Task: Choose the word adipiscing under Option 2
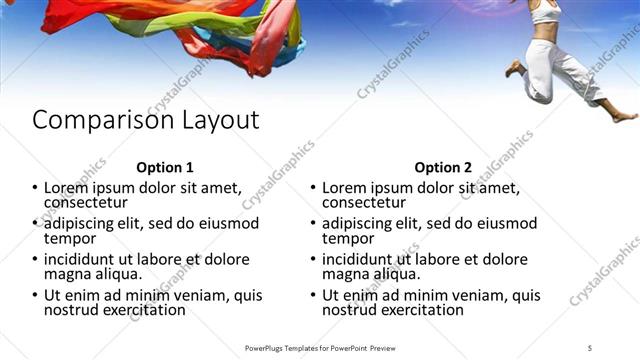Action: [x=362, y=223]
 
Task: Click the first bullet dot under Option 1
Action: [x=35, y=187]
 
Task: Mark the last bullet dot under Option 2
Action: [x=313, y=295]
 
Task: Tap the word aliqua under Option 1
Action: [x=119, y=274]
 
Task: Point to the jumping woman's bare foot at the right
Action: [x=623, y=117]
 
